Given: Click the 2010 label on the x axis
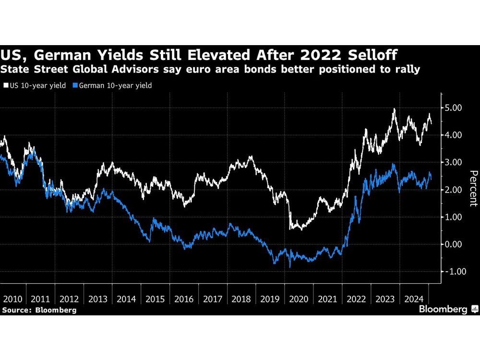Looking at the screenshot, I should (x=12, y=300).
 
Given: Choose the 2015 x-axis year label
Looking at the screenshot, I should (x=155, y=300).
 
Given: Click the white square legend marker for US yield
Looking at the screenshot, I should (x=5, y=85).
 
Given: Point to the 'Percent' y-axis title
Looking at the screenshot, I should (x=472, y=188).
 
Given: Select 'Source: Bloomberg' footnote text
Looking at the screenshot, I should (x=39, y=310).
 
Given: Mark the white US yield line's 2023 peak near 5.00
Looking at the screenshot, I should (x=394, y=109).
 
